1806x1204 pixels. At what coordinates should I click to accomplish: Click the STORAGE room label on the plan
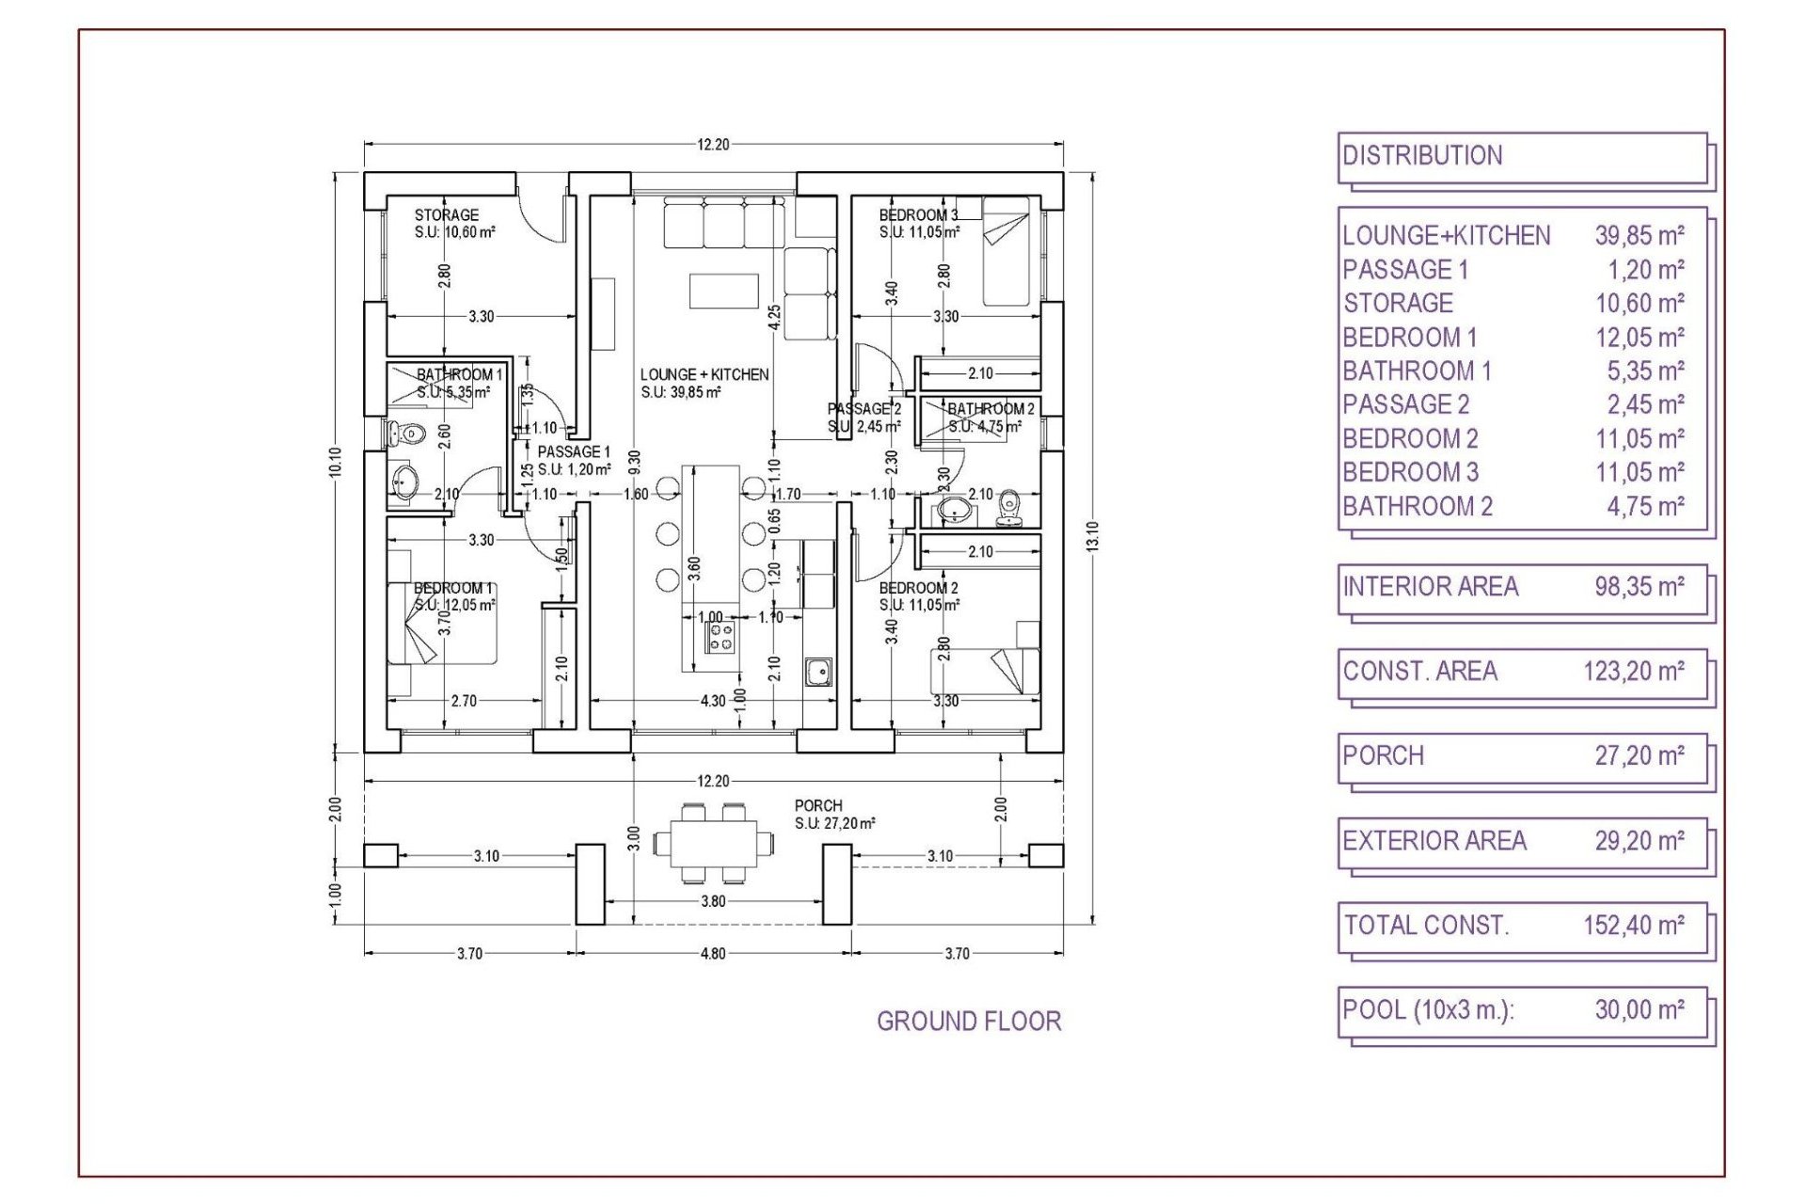click(446, 215)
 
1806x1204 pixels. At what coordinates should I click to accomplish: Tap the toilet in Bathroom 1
click(407, 435)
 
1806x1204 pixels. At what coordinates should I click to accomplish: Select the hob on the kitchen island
click(721, 637)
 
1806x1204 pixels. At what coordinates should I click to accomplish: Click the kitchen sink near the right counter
click(817, 673)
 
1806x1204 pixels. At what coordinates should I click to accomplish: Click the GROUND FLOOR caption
click(969, 1022)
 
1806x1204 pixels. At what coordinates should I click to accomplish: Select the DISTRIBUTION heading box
click(1521, 157)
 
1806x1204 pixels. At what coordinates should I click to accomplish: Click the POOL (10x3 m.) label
click(1428, 1010)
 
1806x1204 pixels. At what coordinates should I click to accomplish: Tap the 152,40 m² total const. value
click(1633, 926)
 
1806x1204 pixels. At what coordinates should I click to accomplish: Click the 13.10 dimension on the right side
click(1092, 536)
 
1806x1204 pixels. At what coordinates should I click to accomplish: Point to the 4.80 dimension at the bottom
click(713, 954)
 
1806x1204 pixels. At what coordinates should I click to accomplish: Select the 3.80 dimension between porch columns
click(713, 901)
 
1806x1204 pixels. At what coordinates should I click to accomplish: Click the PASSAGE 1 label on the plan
click(573, 452)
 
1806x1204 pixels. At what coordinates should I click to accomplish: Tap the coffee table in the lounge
click(723, 291)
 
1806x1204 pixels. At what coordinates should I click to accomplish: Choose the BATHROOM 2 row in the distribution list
click(1513, 507)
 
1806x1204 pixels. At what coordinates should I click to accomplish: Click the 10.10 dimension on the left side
click(336, 462)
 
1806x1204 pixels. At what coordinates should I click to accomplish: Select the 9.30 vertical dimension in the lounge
click(635, 461)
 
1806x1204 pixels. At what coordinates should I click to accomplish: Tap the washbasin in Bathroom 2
click(954, 511)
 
